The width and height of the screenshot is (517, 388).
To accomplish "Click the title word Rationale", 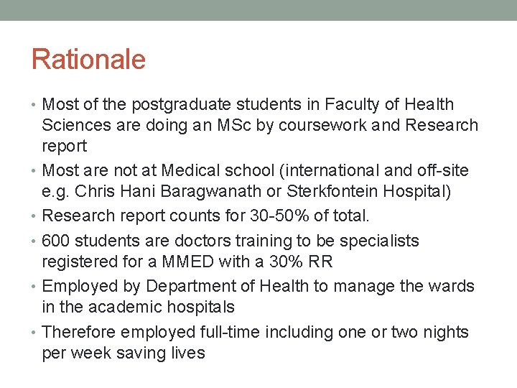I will click(x=88, y=59).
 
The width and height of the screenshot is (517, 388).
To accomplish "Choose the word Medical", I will click(x=188, y=171).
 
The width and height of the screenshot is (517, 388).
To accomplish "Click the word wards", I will click(x=452, y=286).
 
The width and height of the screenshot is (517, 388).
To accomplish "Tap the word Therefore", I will click(x=79, y=332).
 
